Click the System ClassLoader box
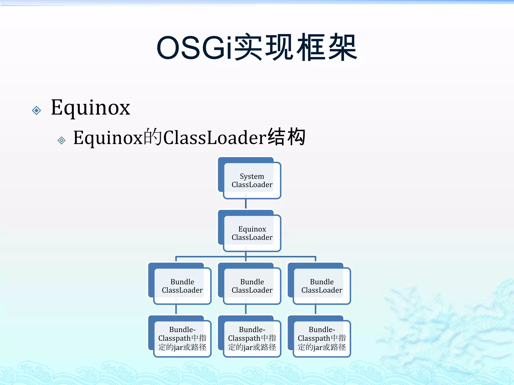point(252,180)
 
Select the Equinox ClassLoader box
point(252,233)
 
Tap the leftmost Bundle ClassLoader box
point(182,286)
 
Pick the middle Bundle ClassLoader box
point(252,286)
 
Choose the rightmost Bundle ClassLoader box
point(322,286)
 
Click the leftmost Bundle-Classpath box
point(182,338)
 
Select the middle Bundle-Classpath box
point(252,338)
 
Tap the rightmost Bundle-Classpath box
point(322,338)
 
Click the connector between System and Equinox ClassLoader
point(246,204)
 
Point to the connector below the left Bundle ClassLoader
point(176,309)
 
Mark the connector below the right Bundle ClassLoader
point(315,309)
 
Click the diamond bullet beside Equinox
point(37,110)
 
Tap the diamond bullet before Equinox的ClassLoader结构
point(61,140)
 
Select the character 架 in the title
point(343,48)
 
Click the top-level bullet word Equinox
point(90,108)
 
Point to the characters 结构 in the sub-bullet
point(286,137)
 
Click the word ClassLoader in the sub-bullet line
point(215,138)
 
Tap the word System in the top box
point(252,176)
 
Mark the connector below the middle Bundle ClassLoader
point(246,309)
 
